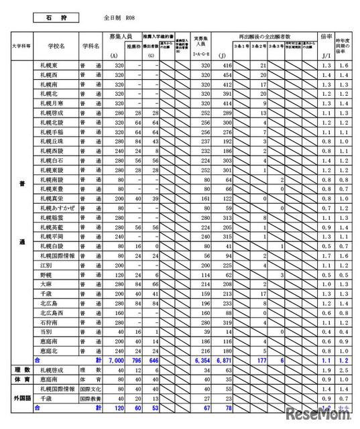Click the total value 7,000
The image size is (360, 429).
115,360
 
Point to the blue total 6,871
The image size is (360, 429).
223,360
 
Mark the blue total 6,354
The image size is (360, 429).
200,360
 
